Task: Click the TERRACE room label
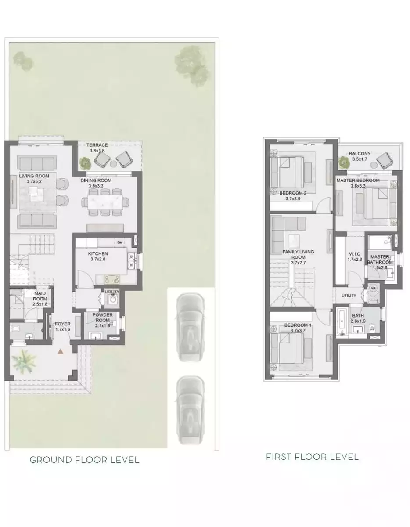pyautogui.click(x=97, y=145)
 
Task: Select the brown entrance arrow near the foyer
pyautogui.click(x=61, y=351)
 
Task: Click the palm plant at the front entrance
pyautogui.click(x=24, y=361)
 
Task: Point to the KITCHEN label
pyautogui.click(x=98, y=253)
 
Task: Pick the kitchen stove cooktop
pyautogui.click(x=111, y=280)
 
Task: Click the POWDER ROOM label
pyautogui.click(x=103, y=318)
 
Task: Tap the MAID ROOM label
pyautogui.click(x=40, y=296)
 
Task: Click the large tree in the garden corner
pyautogui.click(x=191, y=65)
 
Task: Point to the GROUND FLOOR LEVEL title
pyautogui.click(x=84, y=460)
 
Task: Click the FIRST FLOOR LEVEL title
pyautogui.click(x=312, y=457)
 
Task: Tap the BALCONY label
pyautogui.click(x=360, y=154)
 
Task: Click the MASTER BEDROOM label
pyautogui.click(x=358, y=180)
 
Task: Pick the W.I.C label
pyautogui.click(x=355, y=254)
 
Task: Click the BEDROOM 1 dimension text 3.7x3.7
pyautogui.click(x=298, y=331)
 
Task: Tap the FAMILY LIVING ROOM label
pyautogui.click(x=298, y=254)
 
